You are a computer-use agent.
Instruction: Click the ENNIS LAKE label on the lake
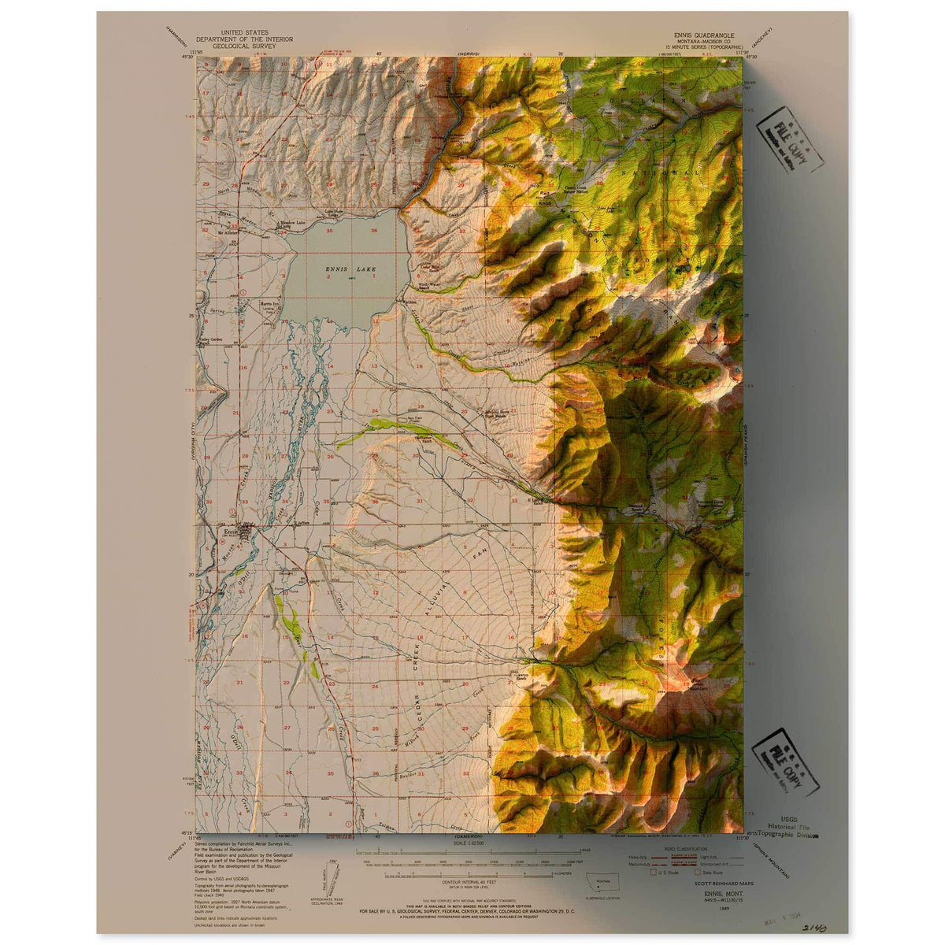(x=350, y=269)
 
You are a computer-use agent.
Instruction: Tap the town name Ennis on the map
(x=231, y=531)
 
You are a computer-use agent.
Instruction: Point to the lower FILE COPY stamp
(x=786, y=763)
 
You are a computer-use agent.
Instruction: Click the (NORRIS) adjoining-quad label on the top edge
(x=469, y=55)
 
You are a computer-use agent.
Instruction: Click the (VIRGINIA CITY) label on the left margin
(x=191, y=442)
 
